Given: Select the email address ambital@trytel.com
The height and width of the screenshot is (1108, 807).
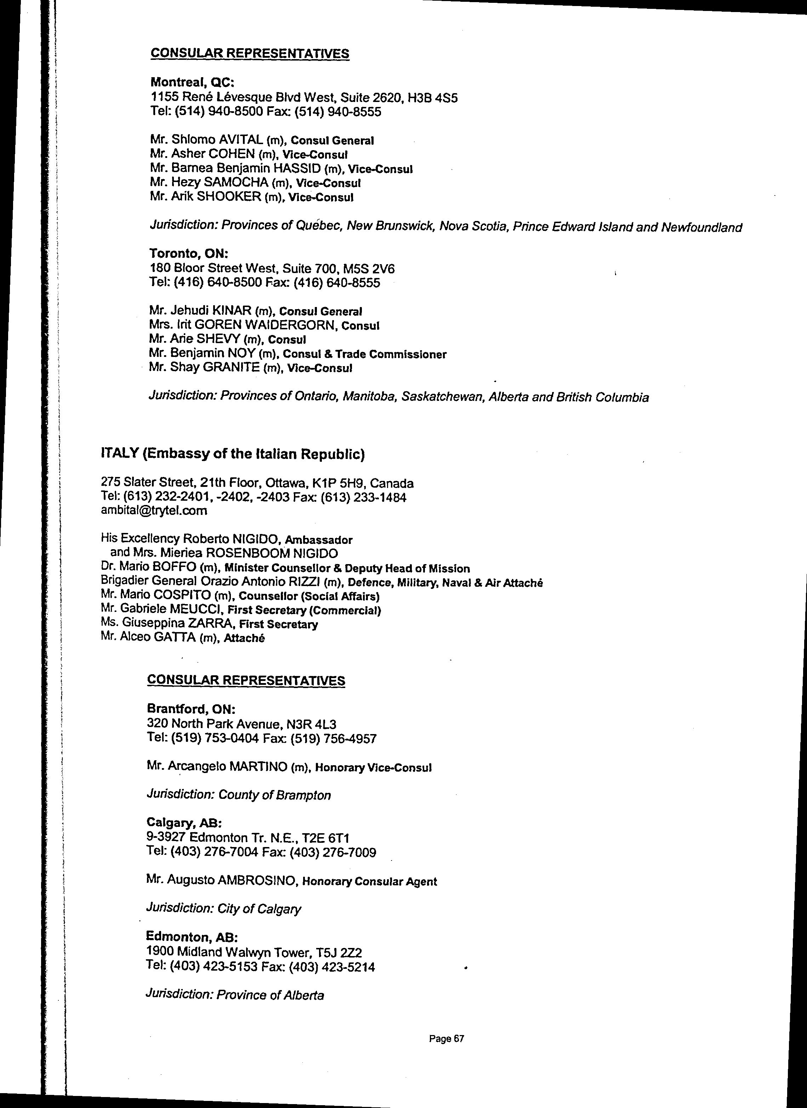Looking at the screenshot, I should click(x=154, y=511).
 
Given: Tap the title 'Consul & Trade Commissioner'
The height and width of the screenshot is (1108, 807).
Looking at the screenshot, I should click(x=364, y=354).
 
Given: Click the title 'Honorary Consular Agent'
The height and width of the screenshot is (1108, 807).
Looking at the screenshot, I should click(x=370, y=882).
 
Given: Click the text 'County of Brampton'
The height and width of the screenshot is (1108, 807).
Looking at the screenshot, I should click(x=274, y=795).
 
